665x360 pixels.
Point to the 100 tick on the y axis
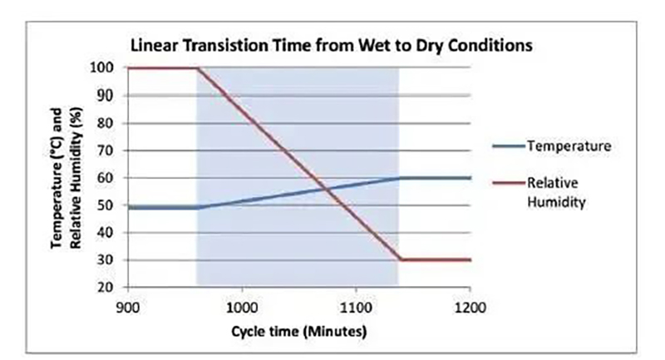102,67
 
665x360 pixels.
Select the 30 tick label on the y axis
106,260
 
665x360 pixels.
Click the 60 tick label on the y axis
106,178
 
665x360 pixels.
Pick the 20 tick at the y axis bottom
106,288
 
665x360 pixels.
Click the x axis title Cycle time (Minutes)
298,331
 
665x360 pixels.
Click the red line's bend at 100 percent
197,68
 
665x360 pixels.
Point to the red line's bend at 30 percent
400,260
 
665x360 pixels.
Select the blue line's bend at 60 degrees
400,178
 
